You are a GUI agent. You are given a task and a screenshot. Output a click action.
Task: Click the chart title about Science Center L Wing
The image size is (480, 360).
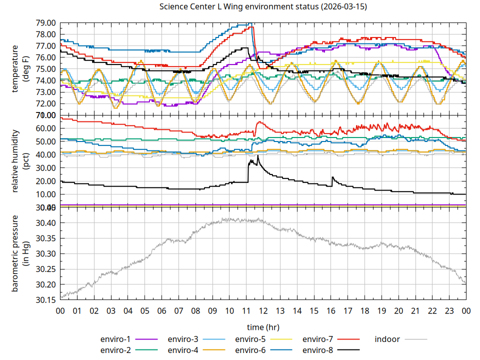(262, 7)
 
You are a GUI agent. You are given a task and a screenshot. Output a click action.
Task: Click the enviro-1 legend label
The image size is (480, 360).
(115, 339)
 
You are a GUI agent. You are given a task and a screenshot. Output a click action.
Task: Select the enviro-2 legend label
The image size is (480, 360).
(115, 350)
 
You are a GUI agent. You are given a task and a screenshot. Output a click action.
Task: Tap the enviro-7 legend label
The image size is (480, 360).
(318, 339)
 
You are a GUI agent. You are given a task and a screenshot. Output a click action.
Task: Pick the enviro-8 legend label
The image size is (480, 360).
(318, 350)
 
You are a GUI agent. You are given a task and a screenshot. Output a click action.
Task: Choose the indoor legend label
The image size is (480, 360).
(387, 339)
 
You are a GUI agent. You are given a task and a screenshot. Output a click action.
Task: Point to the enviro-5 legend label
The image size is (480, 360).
(250, 339)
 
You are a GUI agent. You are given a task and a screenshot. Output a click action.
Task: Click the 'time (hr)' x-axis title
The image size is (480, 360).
(263, 327)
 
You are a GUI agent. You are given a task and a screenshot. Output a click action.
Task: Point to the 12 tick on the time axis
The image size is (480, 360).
(263, 311)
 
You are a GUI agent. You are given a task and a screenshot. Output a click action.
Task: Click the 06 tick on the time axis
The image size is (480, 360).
(161, 311)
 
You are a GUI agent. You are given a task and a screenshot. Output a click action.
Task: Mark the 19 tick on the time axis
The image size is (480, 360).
(381, 311)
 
